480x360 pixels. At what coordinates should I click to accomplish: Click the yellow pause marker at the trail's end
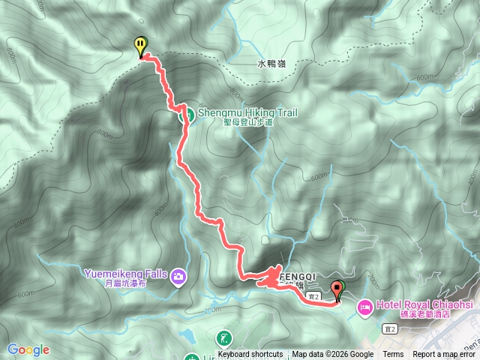point(140,47)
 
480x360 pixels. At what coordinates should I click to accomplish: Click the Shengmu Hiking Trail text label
point(247,113)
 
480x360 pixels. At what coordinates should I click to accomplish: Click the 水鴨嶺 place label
point(271,64)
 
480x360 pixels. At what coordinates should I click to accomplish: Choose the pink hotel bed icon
point(365,306)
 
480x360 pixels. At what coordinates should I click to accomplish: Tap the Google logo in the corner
point(28,349)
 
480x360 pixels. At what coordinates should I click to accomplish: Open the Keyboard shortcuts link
point(250,355)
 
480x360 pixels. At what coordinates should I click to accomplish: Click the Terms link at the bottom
point(393,355)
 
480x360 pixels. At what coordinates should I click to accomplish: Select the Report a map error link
point(445,355)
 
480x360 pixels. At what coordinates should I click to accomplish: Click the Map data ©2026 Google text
point(332,355)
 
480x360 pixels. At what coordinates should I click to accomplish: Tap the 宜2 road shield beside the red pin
point(316,297)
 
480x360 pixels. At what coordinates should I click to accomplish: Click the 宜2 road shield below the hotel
point(388,328)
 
